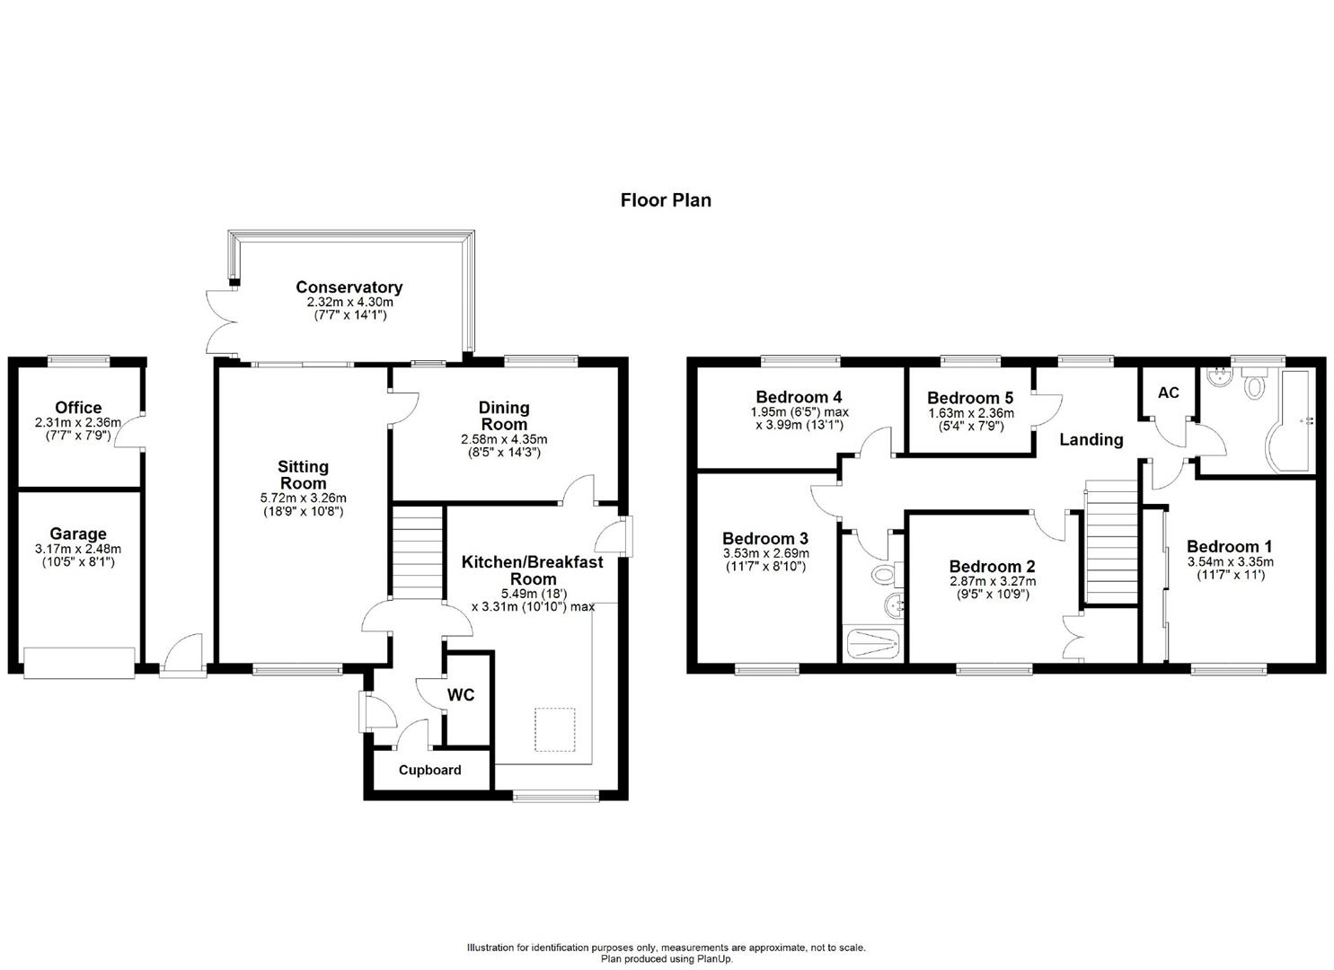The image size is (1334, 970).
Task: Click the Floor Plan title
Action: coord(666,200)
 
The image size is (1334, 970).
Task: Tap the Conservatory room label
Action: coord(349,287)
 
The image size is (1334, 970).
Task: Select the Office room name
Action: coord(78,407)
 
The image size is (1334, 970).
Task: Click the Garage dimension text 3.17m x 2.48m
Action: coord(78,549)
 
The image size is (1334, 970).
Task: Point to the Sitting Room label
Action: coord(303,474)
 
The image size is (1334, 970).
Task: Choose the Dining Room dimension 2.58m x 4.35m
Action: coord(504,439)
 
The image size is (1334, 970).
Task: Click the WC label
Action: coord(461,695)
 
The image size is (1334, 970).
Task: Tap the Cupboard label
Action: coord(430,770)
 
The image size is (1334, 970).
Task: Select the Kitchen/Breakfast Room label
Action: coord(533,569)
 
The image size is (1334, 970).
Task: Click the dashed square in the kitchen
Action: coord(555,729)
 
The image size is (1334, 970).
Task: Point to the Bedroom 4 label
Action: coord(799,397)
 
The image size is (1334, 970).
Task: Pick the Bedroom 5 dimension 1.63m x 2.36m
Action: coord(970,413)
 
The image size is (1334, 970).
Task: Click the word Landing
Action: coord(1091,439)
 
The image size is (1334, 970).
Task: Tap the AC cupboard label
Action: coord(1168,393)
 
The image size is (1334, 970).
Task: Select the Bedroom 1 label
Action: coord(1229,546)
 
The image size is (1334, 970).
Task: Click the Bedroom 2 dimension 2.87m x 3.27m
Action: coord(992,580)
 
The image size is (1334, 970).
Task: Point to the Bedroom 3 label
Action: coord(765,538)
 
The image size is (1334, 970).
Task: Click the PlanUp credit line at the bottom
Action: coord(667,959)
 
